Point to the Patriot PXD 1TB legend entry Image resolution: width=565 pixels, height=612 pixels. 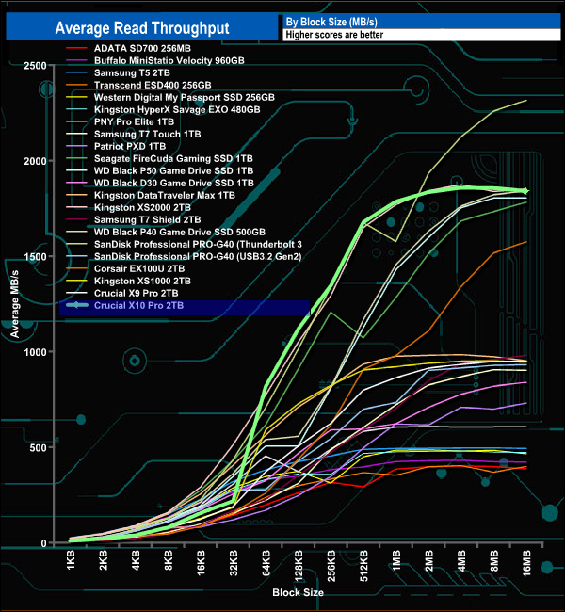click(130, 146)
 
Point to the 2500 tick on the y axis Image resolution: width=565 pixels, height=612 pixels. click(36, 65)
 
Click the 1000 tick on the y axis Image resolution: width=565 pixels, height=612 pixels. click(36, 352)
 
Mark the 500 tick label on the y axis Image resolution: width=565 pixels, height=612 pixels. click(40, 447)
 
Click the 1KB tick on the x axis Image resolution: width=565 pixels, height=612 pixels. click(72, 563)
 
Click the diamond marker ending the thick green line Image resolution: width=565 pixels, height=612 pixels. click(525, 191)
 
